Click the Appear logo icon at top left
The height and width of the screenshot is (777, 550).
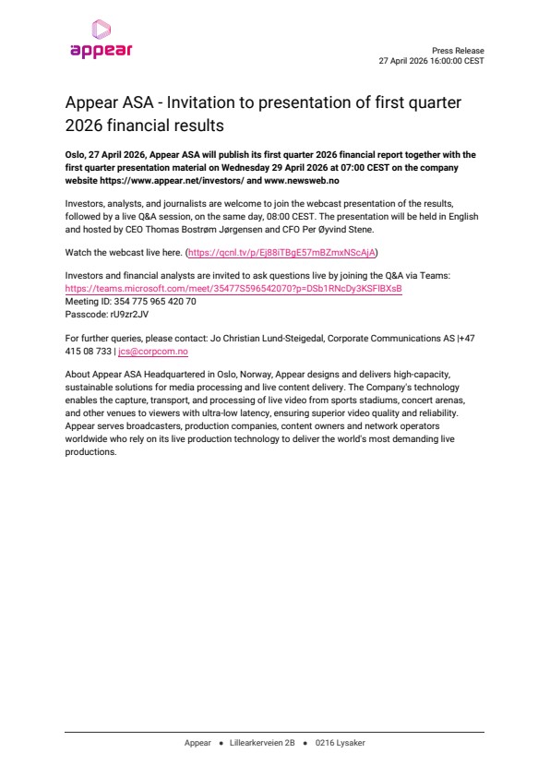[101, 30]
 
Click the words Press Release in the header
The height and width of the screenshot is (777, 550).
[458, 51]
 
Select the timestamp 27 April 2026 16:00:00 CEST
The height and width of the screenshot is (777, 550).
[431, 61]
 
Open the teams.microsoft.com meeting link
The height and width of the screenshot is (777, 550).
[233, 289]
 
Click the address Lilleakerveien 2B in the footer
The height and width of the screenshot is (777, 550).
[262, 743]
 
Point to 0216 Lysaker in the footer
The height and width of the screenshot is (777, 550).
[340, 743]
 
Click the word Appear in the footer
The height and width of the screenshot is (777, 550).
[197, 743]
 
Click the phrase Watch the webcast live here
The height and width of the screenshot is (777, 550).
[124, 252]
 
